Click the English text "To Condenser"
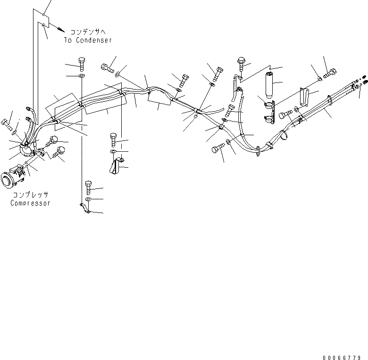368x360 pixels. click(x=88, y=41)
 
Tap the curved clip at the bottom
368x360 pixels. click(x=85, y=208)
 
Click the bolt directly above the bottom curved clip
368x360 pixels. click(x=88, y=187)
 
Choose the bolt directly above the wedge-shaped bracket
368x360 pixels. click(x=113, y=139)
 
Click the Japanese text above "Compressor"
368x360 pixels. click(x=30, y=195)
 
